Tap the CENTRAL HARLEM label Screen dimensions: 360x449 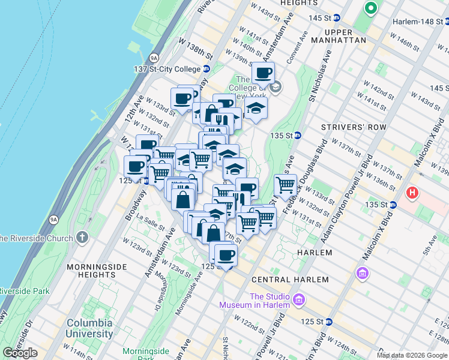pyautogui.click(x=290, y=280)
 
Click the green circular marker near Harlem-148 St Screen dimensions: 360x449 pyautogui.click(x=370, y=8)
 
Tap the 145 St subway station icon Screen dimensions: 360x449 pyautogui.click(x=337, y=18)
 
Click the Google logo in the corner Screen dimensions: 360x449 pyautogui.click(x=20, y=353)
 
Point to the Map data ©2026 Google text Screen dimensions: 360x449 pyautogui.click(x=412, y=355)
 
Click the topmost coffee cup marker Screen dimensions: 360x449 pyautogui.click(x=263, y=74)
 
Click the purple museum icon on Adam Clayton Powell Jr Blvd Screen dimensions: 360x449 pyautogui.click(x=362, y=274)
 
